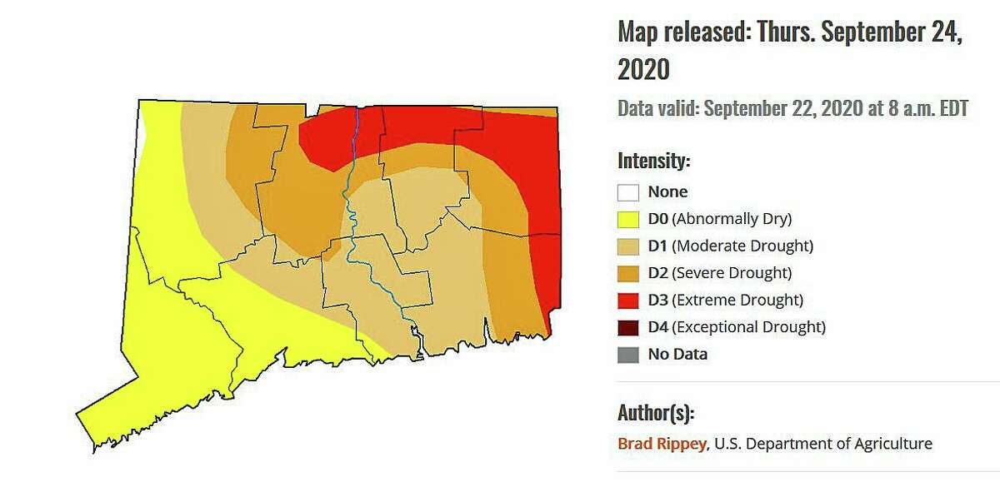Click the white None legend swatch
tap(628, 192)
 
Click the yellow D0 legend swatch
tap(628, 220)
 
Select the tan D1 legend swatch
tap(628, 246)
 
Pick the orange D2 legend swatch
tap(628, 273)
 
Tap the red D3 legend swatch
tap(628, 300)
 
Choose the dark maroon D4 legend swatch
tap(628, 327)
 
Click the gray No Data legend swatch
tap(628, 354)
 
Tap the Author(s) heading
tap(655, 412)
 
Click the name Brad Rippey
tap(662, 444)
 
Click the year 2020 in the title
tap(643, 69)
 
